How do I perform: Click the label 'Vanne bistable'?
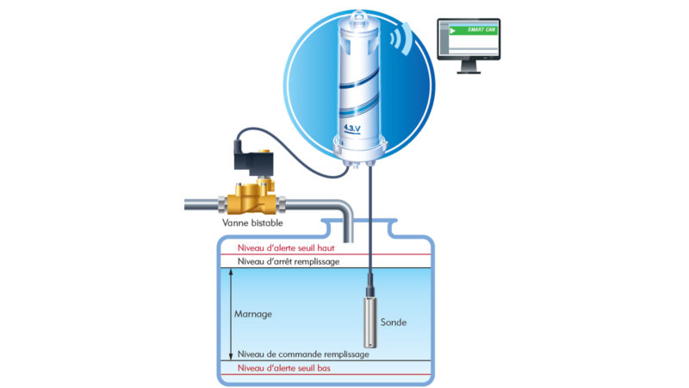pos(252,223)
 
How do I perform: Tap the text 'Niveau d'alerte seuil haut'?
pos(286,248)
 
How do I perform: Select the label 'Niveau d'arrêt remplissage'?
pos(289,262)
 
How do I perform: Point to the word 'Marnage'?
pos(253,314)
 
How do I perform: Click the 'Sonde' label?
pos(394,322)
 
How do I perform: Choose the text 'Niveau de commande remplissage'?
pos(303,354)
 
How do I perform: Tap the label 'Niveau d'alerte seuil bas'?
pos(284,368)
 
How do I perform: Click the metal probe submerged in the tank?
pos(370,322)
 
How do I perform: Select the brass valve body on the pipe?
pos(251,199)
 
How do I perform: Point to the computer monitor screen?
pos(469,39)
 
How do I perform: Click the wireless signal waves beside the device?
pos(401,39)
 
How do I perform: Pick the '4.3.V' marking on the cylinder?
pos(352,128)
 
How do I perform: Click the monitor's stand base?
pos(469,72)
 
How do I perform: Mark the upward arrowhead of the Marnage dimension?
pos(231,272)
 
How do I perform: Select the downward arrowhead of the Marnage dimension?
pos(231,356)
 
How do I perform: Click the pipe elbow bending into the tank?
pos(344,210)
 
